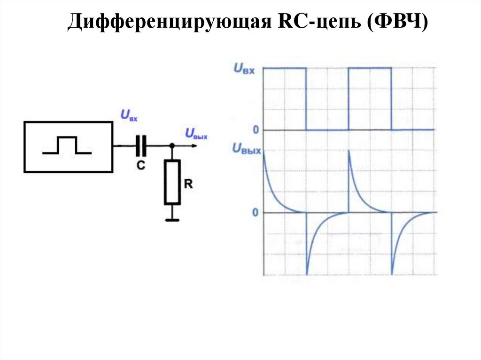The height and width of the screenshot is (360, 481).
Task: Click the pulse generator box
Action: point(68,146)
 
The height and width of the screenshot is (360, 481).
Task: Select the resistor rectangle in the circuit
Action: point(172,182)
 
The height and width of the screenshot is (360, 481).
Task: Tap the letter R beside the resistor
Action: point(188,184)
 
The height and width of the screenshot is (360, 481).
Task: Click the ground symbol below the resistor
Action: point(172,219)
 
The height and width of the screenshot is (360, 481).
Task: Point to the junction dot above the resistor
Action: point(172,146)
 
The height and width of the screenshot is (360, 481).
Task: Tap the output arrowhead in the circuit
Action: point(194,146)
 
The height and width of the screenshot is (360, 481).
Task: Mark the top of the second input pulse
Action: point(370,68)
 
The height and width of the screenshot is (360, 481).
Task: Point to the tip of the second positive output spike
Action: point(349,150)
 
